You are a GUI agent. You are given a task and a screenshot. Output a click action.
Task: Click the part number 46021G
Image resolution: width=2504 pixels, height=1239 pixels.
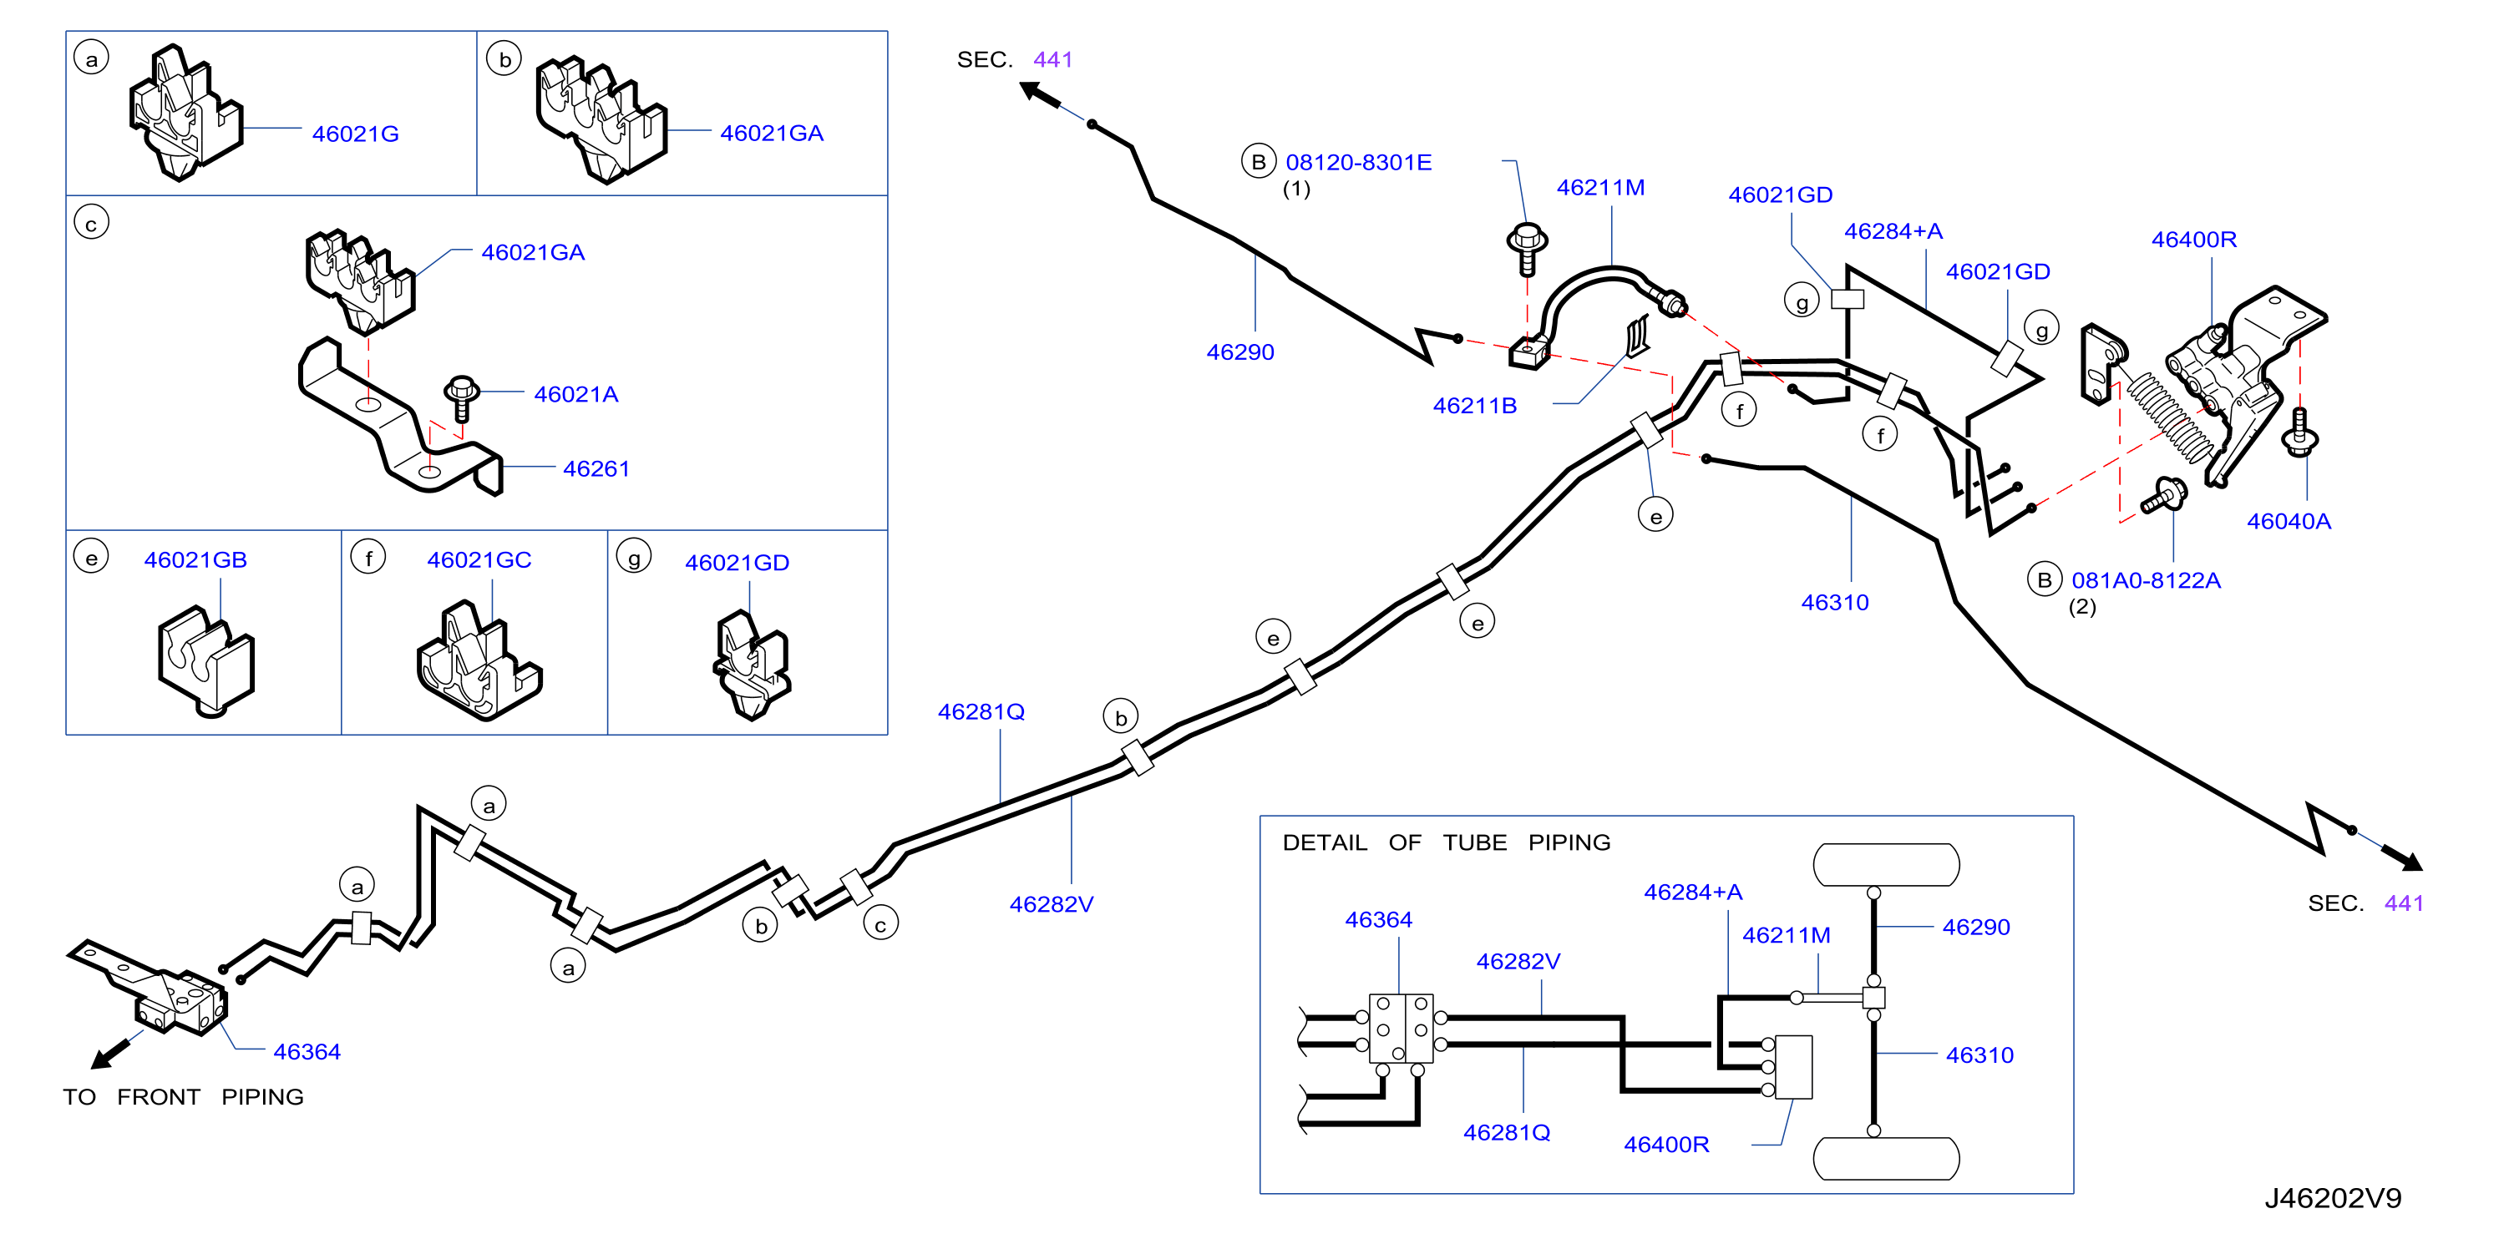pyautogui.click(x=355, y=134)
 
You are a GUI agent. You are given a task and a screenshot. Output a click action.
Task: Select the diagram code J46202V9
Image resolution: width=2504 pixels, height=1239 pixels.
pyautogui.click(x=2332, y=1197)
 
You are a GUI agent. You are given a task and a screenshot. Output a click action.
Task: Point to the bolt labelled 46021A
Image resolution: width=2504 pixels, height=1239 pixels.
pyautogui.click(x=462, y=398)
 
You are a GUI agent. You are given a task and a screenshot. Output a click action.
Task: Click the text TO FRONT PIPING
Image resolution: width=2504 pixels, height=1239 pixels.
pyautogui.click(x=184, y=1097)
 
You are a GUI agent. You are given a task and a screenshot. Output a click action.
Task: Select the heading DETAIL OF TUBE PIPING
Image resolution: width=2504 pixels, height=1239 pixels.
pyautogui.click(x=1446, y=842)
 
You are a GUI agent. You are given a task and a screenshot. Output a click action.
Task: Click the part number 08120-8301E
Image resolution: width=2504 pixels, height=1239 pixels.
pyautogui.click(x=1358, y=162)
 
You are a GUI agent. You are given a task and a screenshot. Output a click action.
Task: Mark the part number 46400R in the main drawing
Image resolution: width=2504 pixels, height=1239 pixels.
pyautogui.click(x=2194, y=239)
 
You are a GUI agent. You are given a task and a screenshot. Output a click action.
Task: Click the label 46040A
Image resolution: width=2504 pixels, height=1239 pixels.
pyautogui.click(x=2289, y=521)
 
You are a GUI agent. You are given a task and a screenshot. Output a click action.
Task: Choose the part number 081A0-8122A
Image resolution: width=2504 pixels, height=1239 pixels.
pyautogui.click(x=2147, y=580)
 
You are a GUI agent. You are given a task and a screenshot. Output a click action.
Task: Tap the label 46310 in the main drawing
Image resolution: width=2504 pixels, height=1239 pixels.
pyautogui.click(x=1834, y=603)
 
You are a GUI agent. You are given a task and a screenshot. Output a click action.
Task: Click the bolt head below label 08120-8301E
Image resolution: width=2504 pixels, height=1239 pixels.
pyautogui.click(x=1526, y=237)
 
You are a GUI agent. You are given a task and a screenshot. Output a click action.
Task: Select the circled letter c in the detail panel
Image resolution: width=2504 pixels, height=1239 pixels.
pyautogui.click(x=91, y=223)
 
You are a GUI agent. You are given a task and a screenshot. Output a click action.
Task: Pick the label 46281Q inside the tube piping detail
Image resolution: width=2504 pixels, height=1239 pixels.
pyautogui.click(x=1506, y=1132)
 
